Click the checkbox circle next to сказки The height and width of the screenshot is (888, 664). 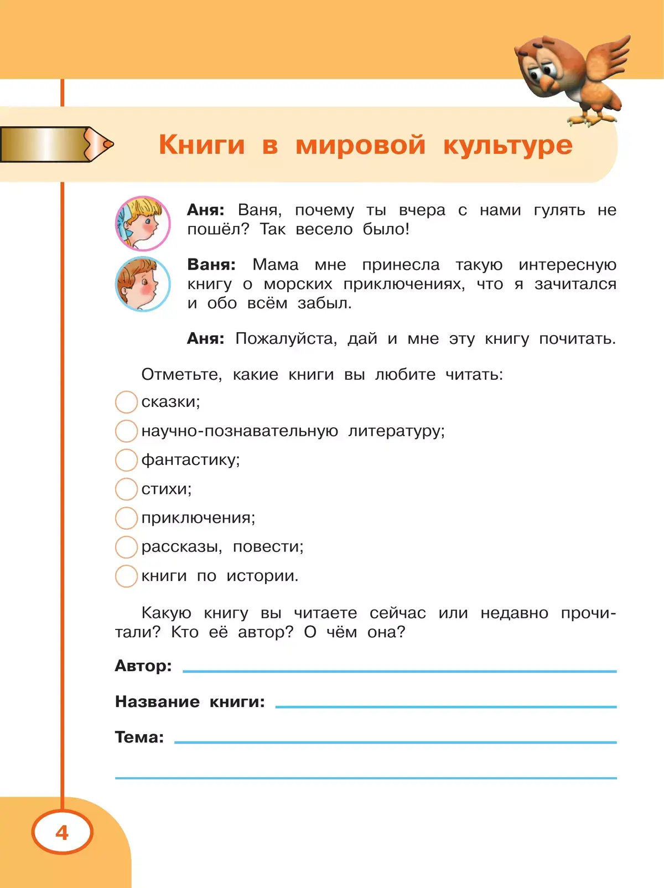coord(126,402)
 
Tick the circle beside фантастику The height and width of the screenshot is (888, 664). coord(126,460)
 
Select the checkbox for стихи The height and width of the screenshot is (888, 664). coord(126,489)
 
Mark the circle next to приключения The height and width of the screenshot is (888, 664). coord(126,518)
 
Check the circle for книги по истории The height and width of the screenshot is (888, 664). coord(126,576)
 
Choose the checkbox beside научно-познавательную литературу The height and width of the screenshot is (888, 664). coord(126,431)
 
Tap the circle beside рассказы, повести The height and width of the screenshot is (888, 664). coord(126,546)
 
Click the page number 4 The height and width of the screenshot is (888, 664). coord(62,832)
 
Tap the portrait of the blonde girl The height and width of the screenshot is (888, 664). coord(142,224)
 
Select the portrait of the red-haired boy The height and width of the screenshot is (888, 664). coord(142,284)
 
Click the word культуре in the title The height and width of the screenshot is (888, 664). coord(507,145)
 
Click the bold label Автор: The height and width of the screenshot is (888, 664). coord(143,665)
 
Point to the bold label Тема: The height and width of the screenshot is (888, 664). coord(139,737)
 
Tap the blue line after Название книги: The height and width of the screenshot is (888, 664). coord(445,706)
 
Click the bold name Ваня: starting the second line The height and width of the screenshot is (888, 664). coord(211,265)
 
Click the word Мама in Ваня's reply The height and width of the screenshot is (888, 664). coord(275,265)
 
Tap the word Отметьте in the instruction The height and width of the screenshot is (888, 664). coord(181,374)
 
